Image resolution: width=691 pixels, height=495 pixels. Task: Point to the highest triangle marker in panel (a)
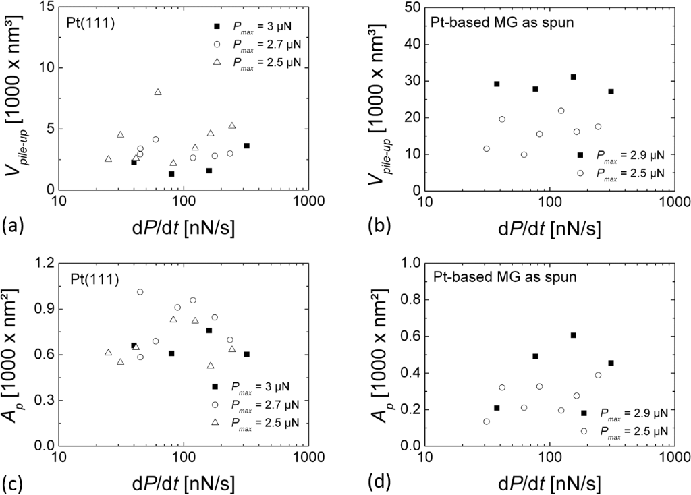tap(158, 92)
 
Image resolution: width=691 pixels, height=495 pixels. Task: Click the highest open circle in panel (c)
tap(140, 292)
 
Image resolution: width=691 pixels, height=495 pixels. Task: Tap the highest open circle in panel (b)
tap(561, 111)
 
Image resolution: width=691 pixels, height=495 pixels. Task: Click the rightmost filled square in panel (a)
tap(247, 146)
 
